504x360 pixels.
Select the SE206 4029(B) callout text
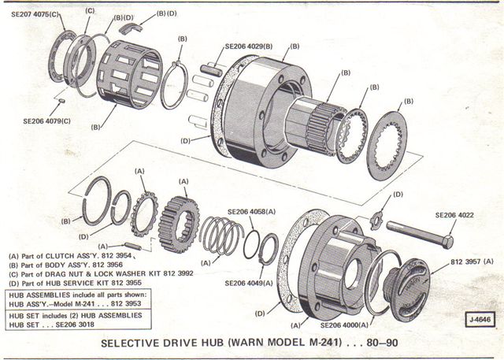[254, 47]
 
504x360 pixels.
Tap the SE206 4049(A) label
[254, 283]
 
